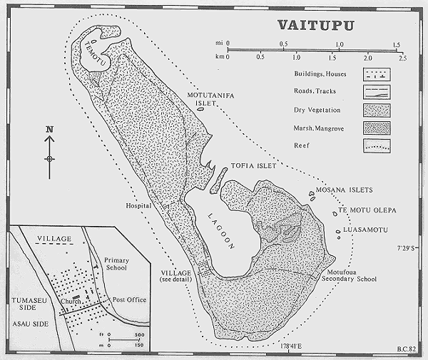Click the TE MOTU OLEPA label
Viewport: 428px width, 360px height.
pos(367,212)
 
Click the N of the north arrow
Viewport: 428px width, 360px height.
pos(49,129)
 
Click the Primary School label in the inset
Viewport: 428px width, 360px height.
pos(116,264)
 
